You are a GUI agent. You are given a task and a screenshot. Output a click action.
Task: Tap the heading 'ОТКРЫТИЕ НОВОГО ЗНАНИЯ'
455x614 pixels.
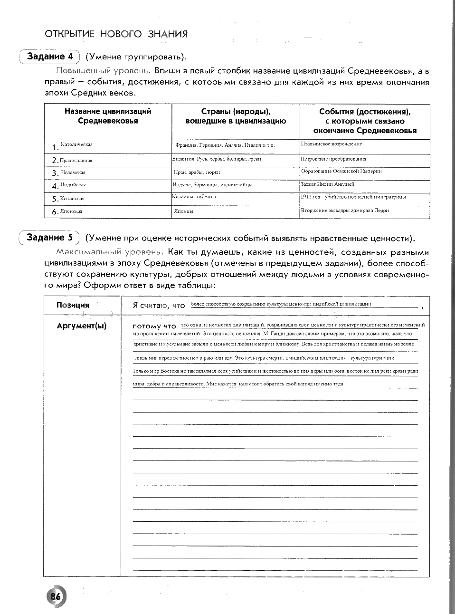116,34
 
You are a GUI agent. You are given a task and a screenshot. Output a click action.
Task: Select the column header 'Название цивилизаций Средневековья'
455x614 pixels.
108,116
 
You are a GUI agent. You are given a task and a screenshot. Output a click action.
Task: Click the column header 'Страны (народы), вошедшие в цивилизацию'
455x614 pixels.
236,116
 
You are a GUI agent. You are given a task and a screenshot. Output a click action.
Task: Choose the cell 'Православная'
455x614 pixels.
76,161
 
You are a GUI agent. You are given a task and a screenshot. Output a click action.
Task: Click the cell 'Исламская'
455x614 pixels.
73,173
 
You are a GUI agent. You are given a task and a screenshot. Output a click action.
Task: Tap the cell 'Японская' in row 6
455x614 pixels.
71,211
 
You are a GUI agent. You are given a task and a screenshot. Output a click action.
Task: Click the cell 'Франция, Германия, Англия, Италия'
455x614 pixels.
224,145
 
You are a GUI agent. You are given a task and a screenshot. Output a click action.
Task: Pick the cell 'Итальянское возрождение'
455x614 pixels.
331,144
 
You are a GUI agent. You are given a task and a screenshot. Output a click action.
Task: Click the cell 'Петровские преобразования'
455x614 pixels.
333,159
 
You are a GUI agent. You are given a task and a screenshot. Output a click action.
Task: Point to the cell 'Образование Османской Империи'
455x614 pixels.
341,171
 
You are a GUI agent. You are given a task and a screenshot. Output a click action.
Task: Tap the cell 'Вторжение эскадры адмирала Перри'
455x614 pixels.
344,210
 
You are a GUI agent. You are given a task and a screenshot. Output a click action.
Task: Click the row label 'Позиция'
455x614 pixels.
73,305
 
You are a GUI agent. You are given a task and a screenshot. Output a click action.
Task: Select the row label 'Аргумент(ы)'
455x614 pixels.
81,326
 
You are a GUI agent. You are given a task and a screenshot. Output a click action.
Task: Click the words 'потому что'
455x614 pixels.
154,326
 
